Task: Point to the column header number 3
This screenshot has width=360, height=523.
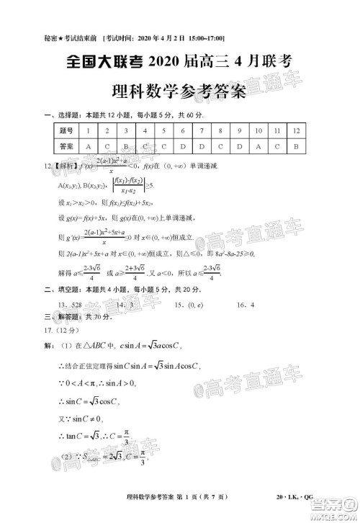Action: tap(125, 130)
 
